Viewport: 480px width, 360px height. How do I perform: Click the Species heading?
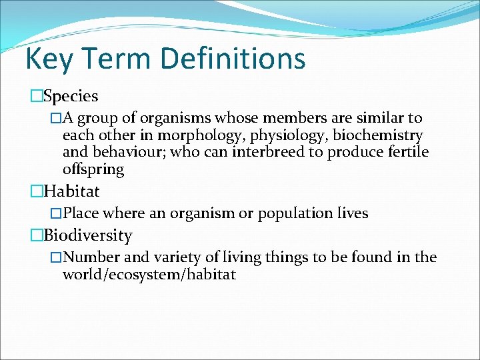pos(70,97)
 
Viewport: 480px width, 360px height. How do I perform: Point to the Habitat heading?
pos(71,192)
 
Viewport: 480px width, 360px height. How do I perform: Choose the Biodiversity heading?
pos(87,235)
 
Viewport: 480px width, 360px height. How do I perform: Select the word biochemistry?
pos(378,136)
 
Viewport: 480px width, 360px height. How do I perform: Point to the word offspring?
pos(93,169)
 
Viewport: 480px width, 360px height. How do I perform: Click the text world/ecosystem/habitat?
pos(149,274)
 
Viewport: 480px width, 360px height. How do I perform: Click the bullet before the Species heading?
pos(35,97)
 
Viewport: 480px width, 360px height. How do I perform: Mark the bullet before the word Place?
pos(57,213)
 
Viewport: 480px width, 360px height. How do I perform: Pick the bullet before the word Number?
pos(57,257)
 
